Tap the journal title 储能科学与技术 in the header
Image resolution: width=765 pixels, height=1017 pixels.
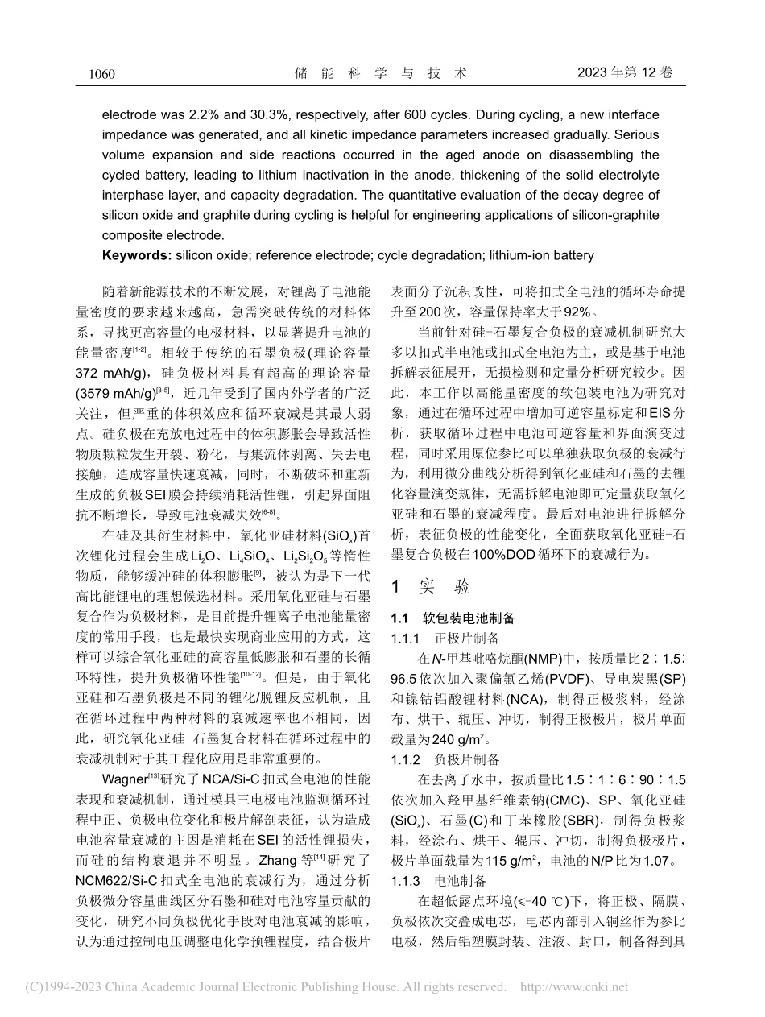(x=381, y=73)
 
